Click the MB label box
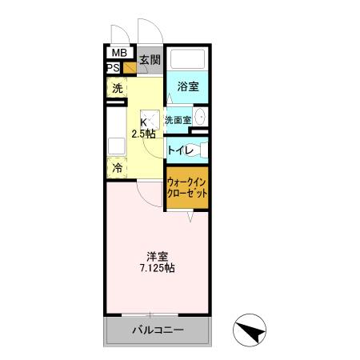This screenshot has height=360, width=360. (x=118, y=54)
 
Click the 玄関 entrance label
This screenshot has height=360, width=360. (x=150, y=60)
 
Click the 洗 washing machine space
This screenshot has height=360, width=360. (x=117, y=88)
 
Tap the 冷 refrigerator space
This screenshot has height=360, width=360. (x=117, y=168)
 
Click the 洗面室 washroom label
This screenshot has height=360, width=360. (x=178, y=120)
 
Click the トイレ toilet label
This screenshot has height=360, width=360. (x=179, y=149)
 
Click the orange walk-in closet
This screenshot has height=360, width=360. (x=188, y=189)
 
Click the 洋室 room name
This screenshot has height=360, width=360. (x=157, y=256)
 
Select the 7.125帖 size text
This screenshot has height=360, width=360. (x=158, y=268)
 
